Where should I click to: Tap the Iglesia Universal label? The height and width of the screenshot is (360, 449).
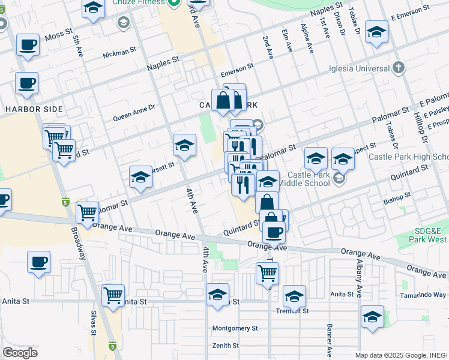[359, 68]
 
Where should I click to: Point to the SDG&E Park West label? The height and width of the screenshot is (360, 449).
[423, 235]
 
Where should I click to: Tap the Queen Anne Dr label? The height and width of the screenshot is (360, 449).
[134, 113]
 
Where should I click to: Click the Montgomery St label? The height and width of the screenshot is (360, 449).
[235, 328]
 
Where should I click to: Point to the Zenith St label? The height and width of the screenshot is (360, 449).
[225, 346]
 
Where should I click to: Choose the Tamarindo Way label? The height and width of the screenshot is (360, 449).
[424, 295]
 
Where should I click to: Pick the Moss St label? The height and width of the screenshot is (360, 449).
[58, 36]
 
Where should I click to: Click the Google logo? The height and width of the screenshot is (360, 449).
[20, 353]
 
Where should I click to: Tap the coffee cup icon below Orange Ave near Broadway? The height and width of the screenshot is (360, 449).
[38, 262]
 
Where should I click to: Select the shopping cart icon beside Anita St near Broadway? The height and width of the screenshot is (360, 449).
[113, 295]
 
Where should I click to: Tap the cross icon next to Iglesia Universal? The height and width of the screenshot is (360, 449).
[398, 67]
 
